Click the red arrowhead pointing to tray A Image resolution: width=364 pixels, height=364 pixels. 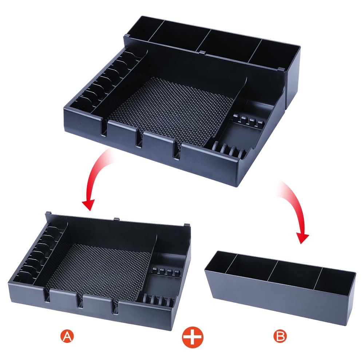point(89,204)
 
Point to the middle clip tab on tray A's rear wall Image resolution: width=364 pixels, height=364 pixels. point(116,219)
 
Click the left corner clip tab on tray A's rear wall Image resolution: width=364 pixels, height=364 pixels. point(48,213)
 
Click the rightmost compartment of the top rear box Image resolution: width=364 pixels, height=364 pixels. point(274,54)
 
